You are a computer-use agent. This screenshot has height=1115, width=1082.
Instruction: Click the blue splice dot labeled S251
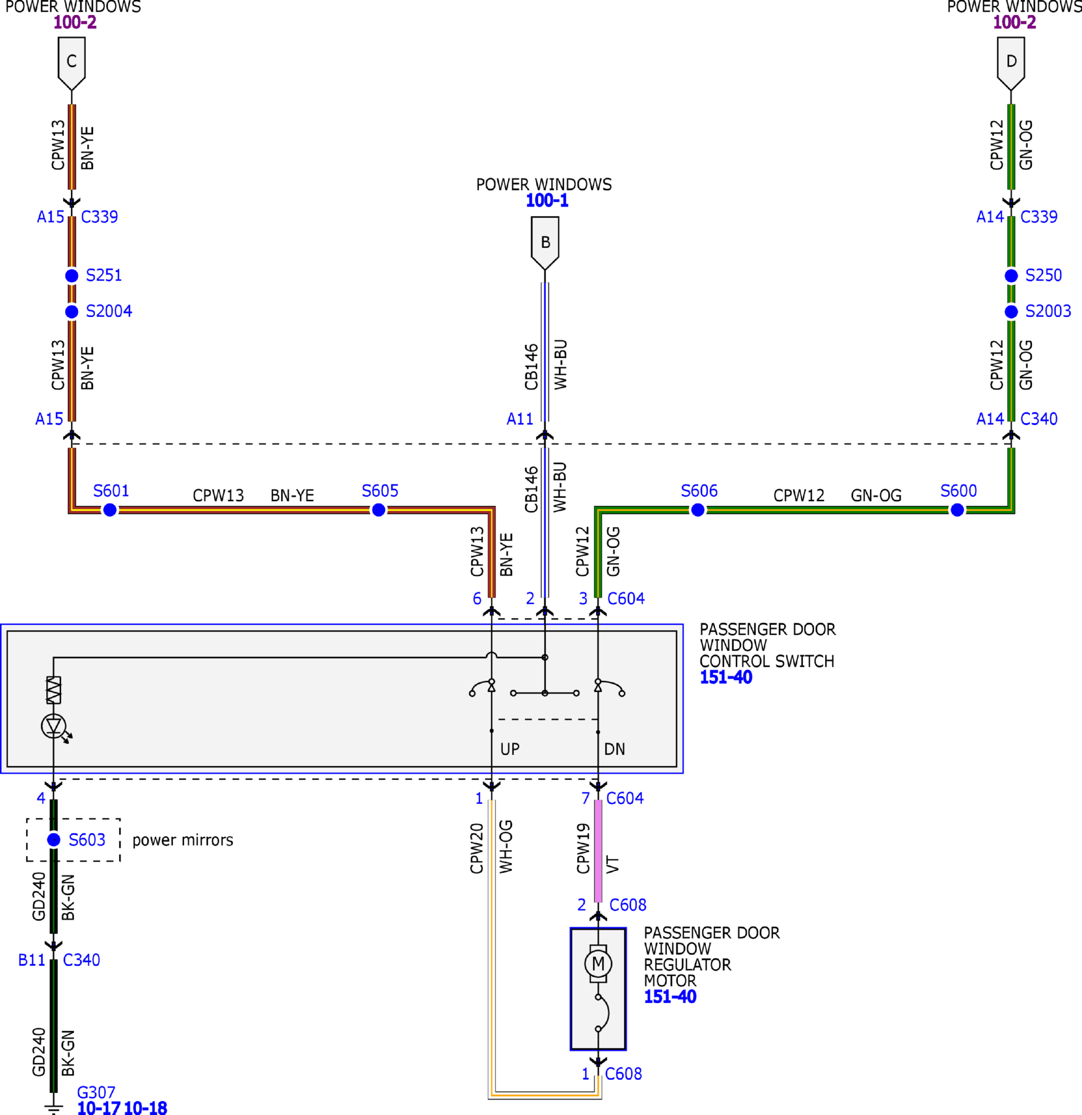pyautogui.click(x=72, y=276)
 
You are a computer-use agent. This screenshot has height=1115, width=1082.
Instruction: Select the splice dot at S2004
pyautogui.click(x=72, y=312)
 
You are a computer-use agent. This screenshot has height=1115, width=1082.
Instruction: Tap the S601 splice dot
pyautogui.click(x=110, y=510)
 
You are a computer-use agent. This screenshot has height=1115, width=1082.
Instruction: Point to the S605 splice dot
pyautogui.click(x=378, y=510)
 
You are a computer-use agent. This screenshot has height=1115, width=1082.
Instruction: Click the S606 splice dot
pyautogui.click(x=697, y=510)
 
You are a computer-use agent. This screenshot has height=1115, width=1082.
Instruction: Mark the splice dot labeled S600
pyautogui.click(x=958, y=510)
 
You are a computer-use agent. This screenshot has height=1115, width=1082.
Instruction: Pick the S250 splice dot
pyautogui.click(x=1011, y=276)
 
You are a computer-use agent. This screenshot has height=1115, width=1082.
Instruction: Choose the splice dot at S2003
pyautogui.click(x=1011, y=312)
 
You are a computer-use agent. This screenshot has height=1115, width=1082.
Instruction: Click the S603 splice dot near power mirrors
pyautogui.click(x=53, y=840)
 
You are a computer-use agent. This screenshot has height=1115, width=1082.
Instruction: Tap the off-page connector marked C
pyautogui.click(x=72, y=63)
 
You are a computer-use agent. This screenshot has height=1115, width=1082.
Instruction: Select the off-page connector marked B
pyautogui.click(x=545, y=243)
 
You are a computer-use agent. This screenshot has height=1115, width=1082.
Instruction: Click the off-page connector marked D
pyautogui.click(x=1011, y=63)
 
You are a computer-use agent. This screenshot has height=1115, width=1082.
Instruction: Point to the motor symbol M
pyautogui.click(x=598, y=964)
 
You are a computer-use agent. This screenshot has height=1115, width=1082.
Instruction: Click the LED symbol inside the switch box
pyautogui.click(x=53, y=726)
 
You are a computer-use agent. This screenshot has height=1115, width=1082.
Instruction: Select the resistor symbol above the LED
pyautogui.click(x=53, y=690)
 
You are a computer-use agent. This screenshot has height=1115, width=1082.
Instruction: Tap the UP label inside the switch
pyautogui.click(x=510, y=749)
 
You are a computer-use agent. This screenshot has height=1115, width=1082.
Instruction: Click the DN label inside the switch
pyautogui.click(x=615, y=749)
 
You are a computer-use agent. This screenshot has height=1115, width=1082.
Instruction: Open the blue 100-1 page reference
pyautogui.click(x=547, y=201)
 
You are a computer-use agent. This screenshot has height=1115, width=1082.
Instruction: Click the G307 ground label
pyautogui.click(x=96, y=1093)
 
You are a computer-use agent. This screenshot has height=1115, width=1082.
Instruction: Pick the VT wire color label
pyautogui.click(x=612, y=864)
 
